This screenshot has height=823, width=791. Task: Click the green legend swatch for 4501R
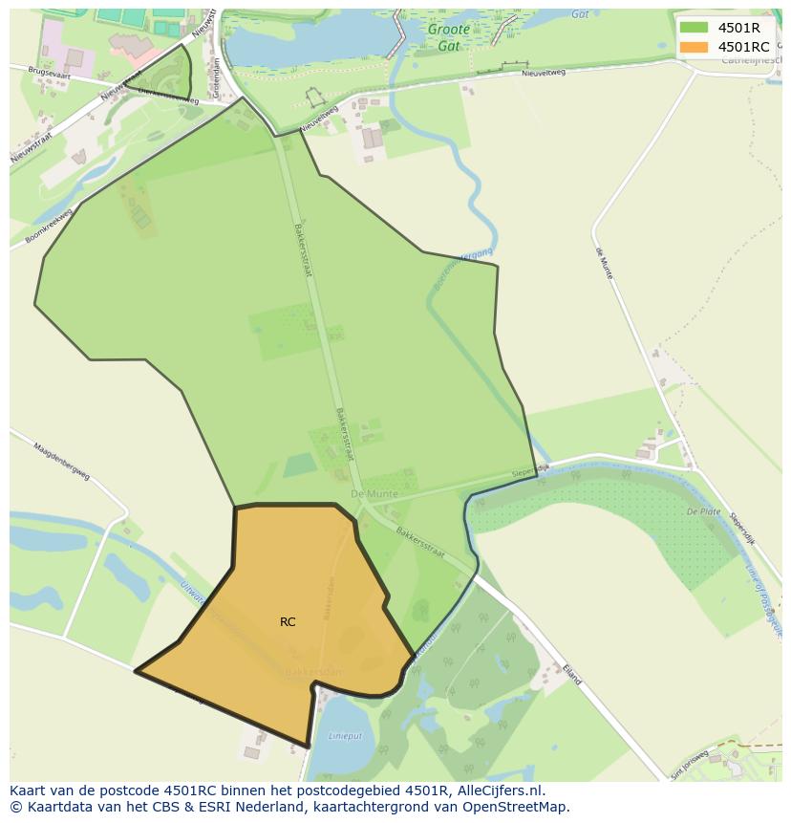694,27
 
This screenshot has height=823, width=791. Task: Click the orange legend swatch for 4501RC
694,47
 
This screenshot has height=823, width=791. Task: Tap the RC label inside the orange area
288,622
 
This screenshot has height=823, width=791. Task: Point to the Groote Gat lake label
448,36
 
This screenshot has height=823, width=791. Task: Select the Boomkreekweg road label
50,227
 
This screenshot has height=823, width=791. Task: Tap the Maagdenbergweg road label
61,460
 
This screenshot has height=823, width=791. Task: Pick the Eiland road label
571,674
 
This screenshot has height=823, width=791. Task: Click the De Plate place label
703,512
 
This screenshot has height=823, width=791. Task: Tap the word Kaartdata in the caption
52,807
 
